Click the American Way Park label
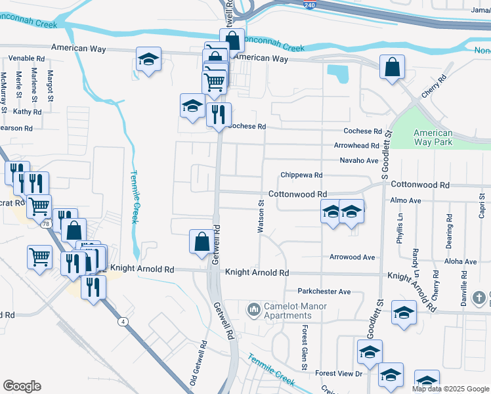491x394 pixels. click(x=433, y=137)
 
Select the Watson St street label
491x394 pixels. click(x=261, y=217)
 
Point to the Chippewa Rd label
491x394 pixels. click(x=301, y=175)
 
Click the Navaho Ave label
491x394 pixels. click(x=359, y=160)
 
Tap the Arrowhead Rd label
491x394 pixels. click(x=356, y=145)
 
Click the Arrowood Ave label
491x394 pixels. click(x=352, y=257)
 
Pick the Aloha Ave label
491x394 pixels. click(x=460, y=261)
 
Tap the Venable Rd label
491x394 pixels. click(x=26, y=58)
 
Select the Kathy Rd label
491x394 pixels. click(x=27, y=112)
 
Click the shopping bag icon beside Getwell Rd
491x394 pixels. click(x=201, y=241)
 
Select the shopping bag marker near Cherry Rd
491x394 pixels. click(x=392, y=67)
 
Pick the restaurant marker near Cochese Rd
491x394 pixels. click(x=219, y=114)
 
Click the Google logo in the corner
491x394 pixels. click(x=22, y=386)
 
